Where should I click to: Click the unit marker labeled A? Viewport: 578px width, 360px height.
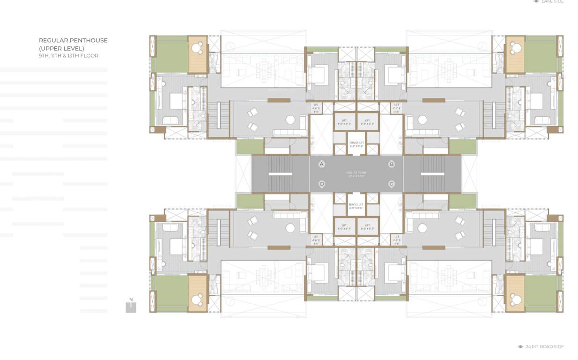pos(322,164)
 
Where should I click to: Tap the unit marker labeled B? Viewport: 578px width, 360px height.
pos(392,164)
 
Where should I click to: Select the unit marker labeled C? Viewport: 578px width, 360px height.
pos(392,184)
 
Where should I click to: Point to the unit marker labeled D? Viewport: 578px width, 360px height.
pos(322,184)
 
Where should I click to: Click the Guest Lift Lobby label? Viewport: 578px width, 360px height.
pos(356,174)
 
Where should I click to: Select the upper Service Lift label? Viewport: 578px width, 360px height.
pos(356,143)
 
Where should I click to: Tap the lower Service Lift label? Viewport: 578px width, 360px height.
pos(356,206)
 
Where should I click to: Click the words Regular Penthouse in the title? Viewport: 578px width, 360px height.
pos(73,40)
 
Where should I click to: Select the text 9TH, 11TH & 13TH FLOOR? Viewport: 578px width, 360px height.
pos(68,56)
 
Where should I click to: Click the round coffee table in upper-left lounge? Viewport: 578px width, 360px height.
pos(290,120)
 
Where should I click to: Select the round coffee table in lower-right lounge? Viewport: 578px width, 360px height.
pos(422,228)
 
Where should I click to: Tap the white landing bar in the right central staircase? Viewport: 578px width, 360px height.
pos(432,174)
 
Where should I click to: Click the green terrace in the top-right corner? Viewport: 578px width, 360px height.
pos(541,54)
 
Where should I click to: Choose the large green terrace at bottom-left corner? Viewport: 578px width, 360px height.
pos(171,293)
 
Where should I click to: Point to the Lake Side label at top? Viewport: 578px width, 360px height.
pos(552,2)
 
